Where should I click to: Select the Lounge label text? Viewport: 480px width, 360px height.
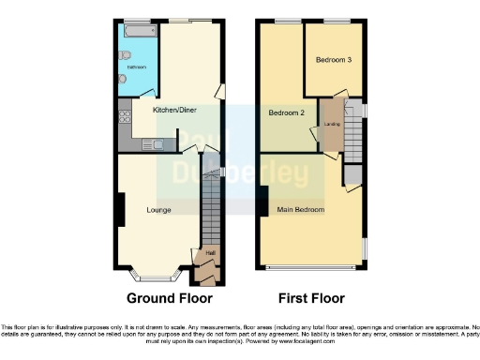(x=158, y=209)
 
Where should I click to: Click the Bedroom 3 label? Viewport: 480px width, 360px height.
(x=334, y=60)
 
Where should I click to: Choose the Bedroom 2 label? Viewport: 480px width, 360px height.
(x=287, y=113)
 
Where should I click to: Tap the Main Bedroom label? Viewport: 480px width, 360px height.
(x=301, y=209)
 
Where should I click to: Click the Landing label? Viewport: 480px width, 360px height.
(x=330, y=123)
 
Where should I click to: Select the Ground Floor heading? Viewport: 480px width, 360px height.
(x=169, y=298)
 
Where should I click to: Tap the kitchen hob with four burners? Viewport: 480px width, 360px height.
(x=124, y=118)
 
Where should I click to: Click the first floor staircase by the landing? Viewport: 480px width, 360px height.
(x=351, y=122)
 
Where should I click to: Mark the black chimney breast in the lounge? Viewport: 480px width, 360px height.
(x=119, y=208)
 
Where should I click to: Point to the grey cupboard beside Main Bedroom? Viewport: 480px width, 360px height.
(x=352, y=174)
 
